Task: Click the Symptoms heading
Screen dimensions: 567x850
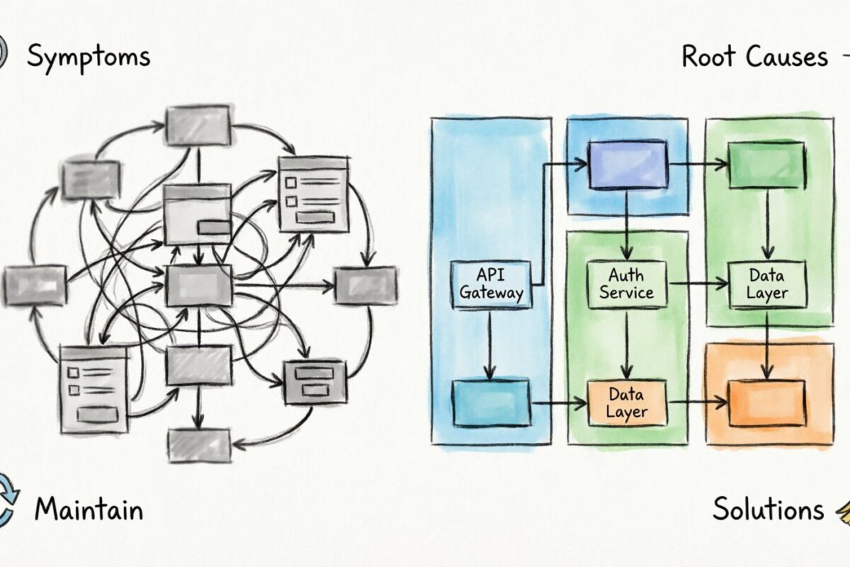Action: [x=89, y=57]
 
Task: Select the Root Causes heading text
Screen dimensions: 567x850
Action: [x=754, y=57]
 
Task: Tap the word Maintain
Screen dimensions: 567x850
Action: [x=89, y=510]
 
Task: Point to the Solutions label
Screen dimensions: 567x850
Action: [x=768, y=510]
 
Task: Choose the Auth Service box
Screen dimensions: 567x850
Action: [x=626, y=284]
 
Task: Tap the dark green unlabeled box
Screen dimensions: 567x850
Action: [x=766, y=165]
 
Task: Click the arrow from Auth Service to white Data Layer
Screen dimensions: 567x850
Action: [x=698, y=284]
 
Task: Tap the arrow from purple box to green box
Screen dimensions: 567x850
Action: [x=698, y=165]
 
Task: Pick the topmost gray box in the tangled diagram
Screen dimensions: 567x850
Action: [x=198, y=125]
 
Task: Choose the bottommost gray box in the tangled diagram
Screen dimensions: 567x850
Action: [x=199, y=445]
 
